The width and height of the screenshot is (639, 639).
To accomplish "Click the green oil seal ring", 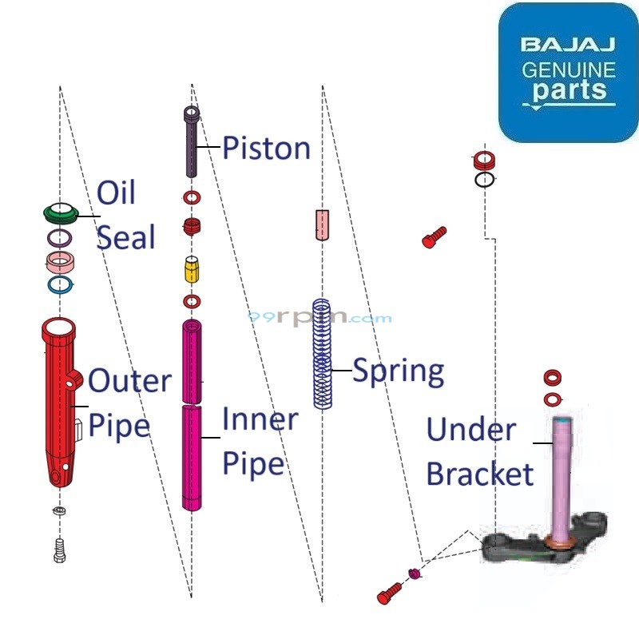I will [61, 212].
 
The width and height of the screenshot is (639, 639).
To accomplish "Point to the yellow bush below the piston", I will [192, 270].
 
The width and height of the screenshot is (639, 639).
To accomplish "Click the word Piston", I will [266, 149].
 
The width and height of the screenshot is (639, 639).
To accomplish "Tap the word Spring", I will [398, 371].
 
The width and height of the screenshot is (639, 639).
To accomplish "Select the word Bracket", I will [479, 474].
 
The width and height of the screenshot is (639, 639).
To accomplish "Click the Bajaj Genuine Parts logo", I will [568, 72].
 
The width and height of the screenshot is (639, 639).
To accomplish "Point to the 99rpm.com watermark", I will [319, 318].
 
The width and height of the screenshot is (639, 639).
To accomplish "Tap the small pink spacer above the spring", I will [322, 224].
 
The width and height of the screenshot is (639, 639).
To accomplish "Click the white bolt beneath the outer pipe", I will [59, 550].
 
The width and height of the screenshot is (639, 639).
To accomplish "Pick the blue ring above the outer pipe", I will [60, 284].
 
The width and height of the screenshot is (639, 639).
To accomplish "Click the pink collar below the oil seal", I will [60, 262].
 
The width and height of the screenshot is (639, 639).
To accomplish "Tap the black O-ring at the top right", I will [484, 180].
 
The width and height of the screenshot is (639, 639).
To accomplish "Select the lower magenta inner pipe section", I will [192, 457].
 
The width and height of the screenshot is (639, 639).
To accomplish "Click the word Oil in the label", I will [116, 193].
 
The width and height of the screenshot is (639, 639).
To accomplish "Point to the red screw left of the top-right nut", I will [435, 236].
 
